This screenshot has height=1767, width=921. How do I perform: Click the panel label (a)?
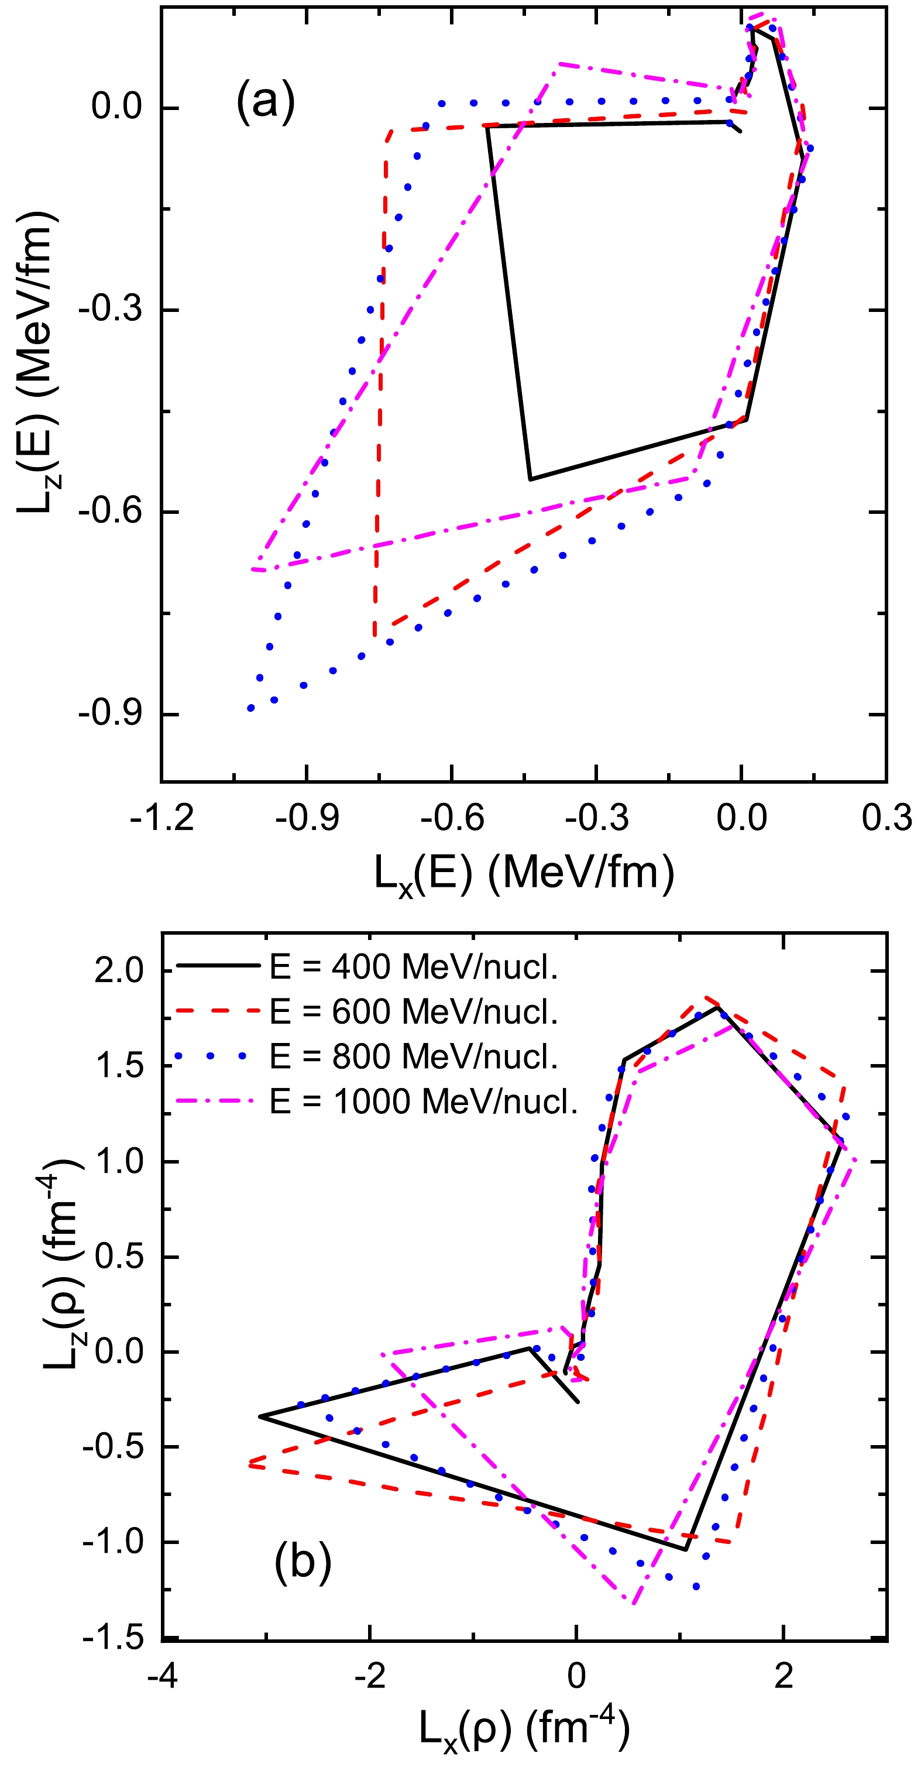click(266, 101)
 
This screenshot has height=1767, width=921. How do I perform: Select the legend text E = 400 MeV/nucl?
click(414, 966)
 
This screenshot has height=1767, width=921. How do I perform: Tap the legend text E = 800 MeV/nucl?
click(414, 1056)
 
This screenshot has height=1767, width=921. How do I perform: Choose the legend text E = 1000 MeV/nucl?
click(424, 1101)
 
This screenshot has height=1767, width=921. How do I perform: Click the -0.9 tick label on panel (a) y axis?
click(111, 713)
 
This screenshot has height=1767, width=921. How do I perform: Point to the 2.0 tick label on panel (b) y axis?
click(119, 970)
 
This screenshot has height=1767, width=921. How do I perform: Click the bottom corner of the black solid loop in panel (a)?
click(530, 479)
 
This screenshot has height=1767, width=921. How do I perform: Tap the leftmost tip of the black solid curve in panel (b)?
click(260, 1416)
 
